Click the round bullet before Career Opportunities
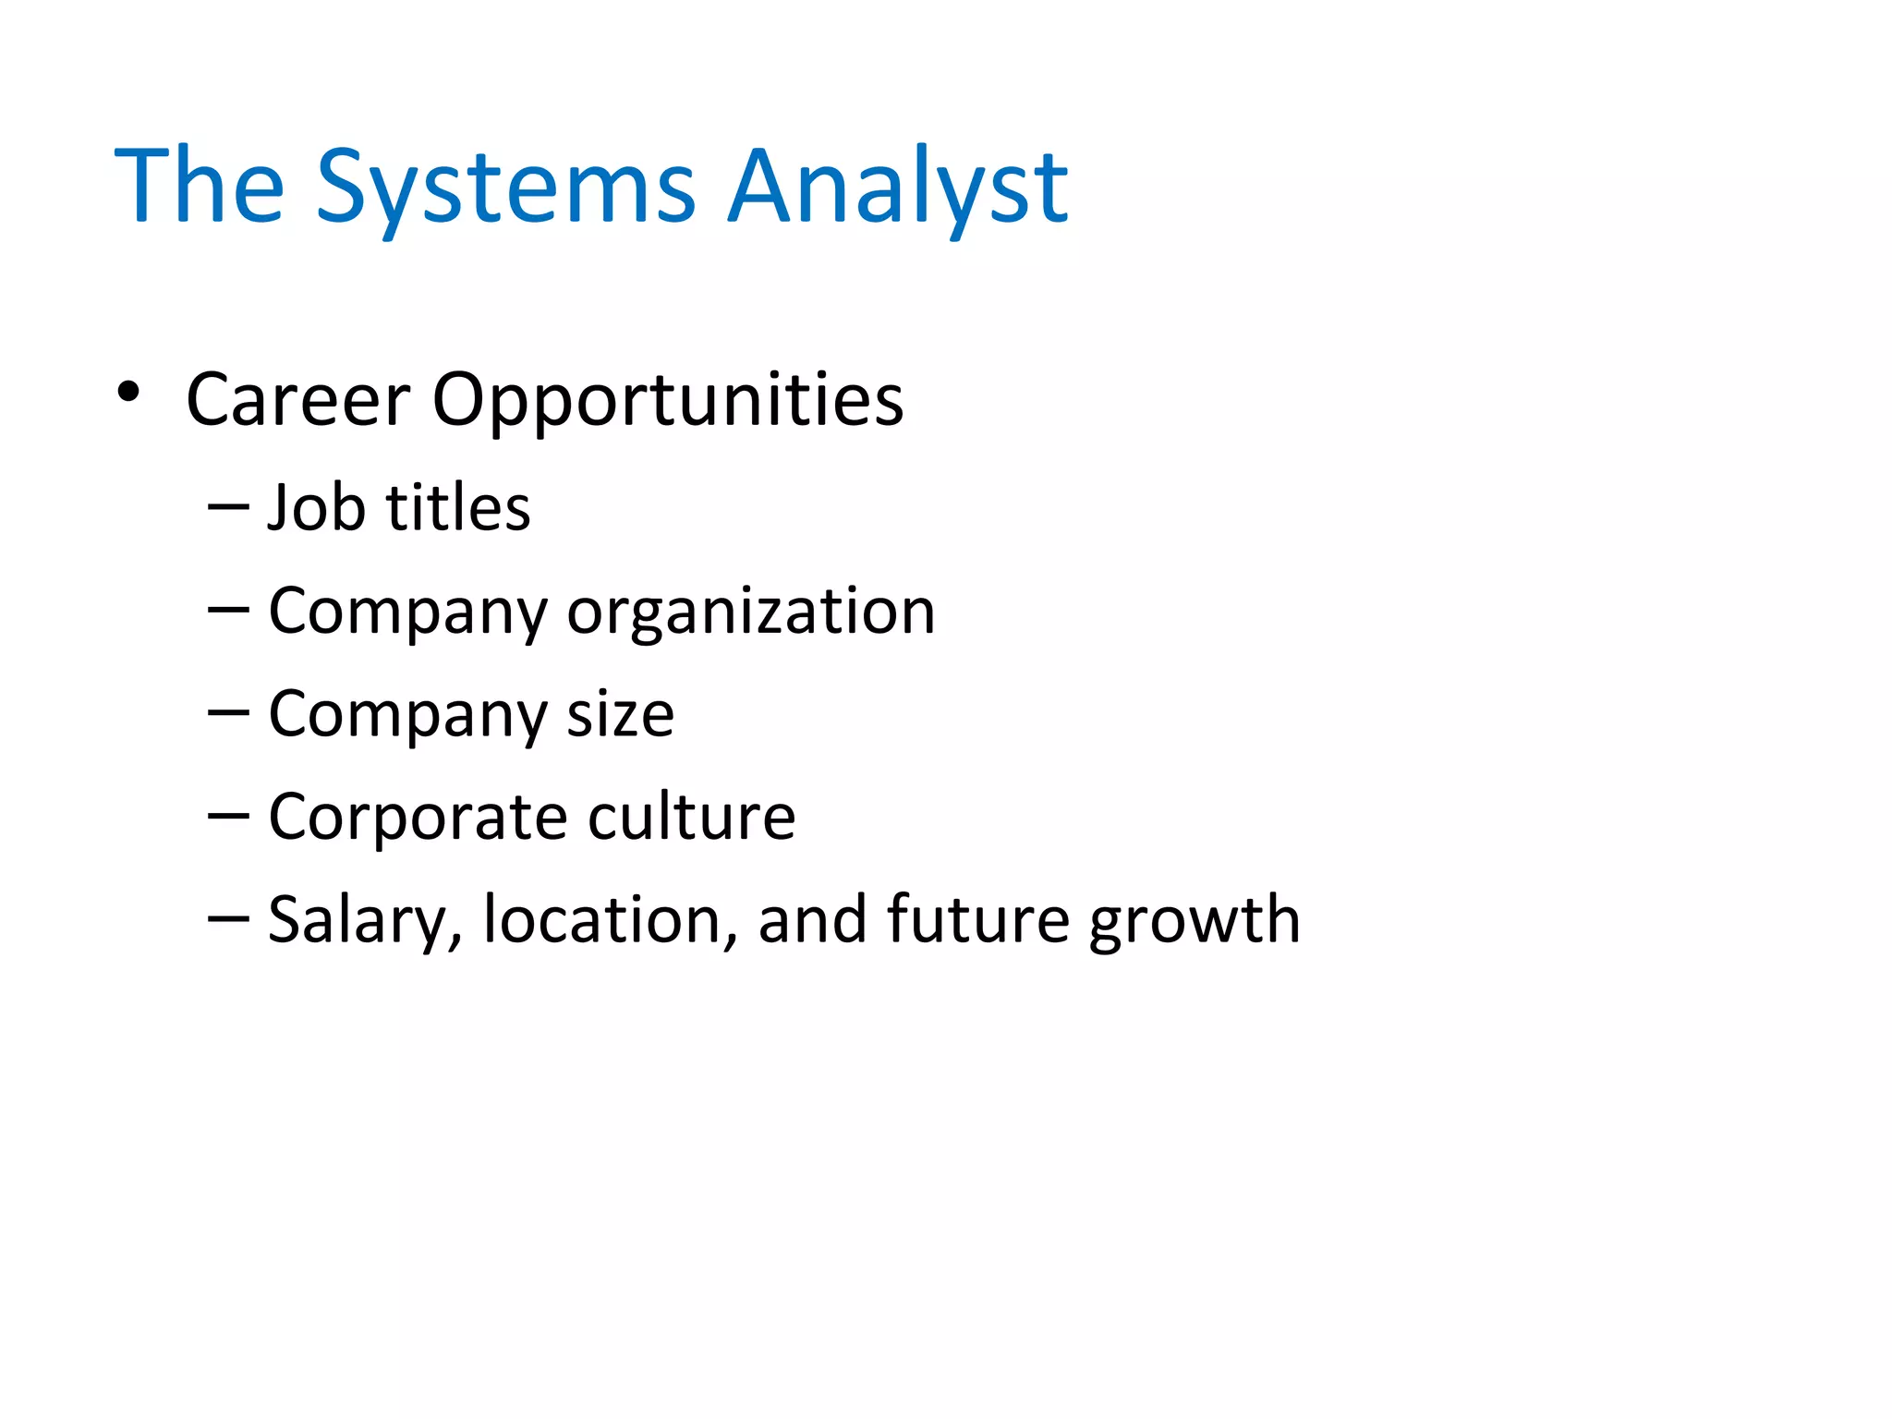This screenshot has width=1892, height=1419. pyautogui.click(x=128, y=392)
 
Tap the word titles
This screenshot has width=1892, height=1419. pyautogui.click(x=458, y=507)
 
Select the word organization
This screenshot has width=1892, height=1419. pyautogui.click(x=751, y=611)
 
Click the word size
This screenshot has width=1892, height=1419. pyautogui.click(x=620, y=714)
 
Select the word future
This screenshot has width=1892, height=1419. pyautogui.click(x=977, y=920)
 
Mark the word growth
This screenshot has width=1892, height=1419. pyautogui.click(x=1195, y=920)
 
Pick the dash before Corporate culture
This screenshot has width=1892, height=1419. pyautogui.click(x=228, y=816)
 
